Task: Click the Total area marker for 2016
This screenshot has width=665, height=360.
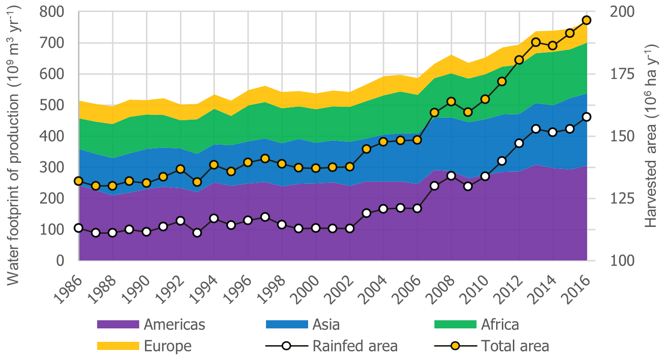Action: click(587, 20)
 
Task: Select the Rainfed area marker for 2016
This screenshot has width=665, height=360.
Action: click(587, 117)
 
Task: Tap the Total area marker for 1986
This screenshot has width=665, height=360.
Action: click(78, 181)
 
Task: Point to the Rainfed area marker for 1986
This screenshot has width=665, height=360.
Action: click(78, 228)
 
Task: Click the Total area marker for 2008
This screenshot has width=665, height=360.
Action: click(451, 101)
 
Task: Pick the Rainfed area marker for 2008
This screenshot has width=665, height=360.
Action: click(451, 176)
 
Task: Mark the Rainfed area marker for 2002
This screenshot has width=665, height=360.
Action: click(349, 228)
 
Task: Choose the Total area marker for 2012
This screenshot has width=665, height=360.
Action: click(519, 60)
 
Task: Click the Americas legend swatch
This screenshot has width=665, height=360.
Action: click(118, 325)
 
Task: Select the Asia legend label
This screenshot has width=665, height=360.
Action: click(326, 325)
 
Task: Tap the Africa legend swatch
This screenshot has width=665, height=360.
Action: click(455, 325)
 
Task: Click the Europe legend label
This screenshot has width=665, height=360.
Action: click(167, 346)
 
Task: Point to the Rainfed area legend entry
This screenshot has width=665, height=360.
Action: click(355, 346)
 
